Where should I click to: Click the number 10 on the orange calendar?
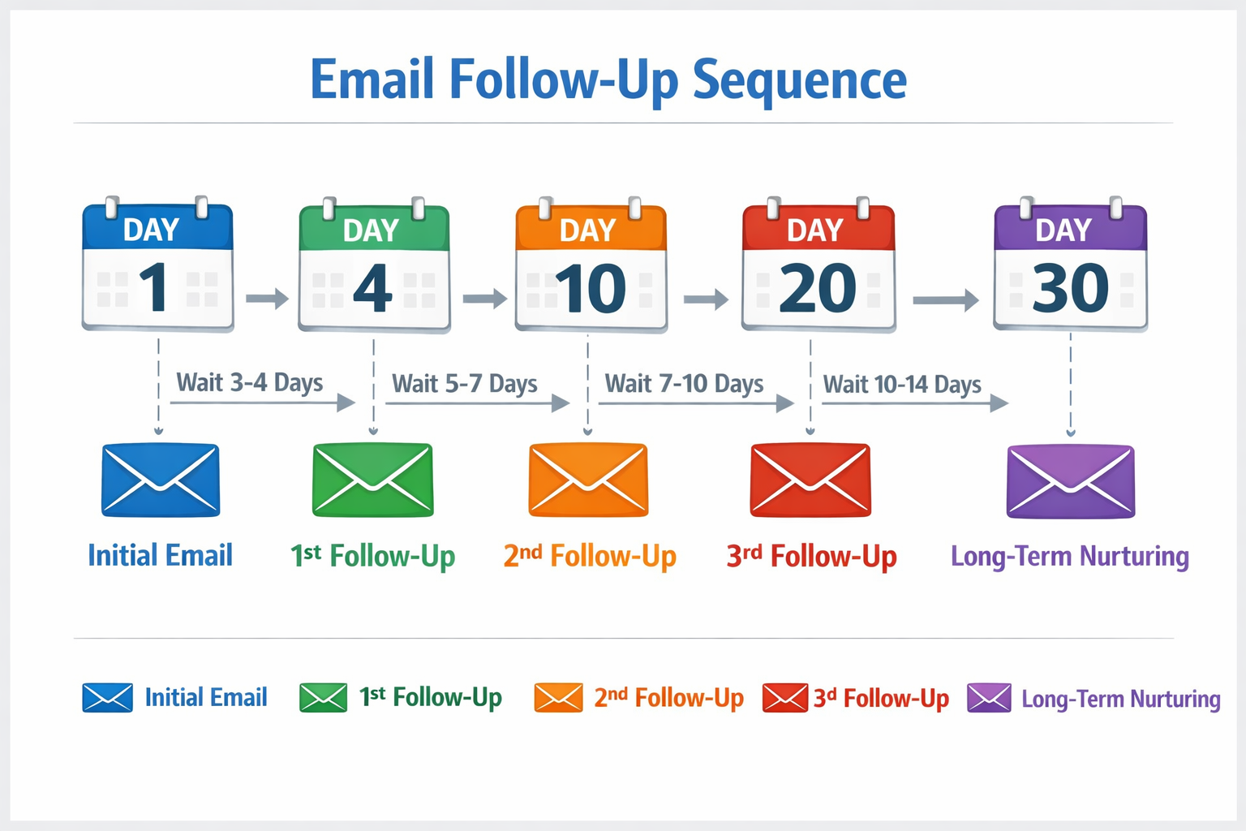591,289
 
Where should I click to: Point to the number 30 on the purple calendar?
1070,289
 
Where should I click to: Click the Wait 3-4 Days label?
250,382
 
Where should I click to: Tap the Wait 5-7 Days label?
465,383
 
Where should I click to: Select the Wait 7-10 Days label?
684,383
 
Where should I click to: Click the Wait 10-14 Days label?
902,384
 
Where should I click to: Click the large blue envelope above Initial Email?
161,480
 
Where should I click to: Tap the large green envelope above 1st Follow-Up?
373,480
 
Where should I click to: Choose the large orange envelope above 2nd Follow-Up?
588,480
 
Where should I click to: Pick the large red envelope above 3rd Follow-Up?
810,480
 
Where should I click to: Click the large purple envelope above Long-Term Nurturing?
1071,480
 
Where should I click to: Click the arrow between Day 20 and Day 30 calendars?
946,300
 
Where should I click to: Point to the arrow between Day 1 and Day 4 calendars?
267,299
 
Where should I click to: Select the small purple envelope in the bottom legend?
989,698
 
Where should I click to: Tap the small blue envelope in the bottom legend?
107,698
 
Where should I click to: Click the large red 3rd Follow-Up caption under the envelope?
811,557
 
